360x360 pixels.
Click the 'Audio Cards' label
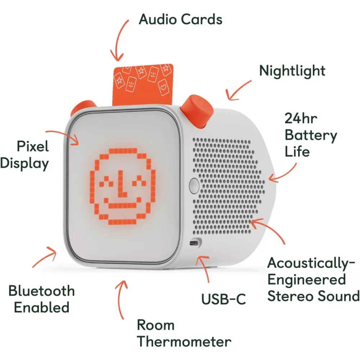[x=180, y=19]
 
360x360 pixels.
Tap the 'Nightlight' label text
[x=292, y=71]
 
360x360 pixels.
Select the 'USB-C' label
[x=224, y=299]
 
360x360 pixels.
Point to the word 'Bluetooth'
[x=41, y=291]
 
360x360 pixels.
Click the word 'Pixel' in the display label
[x=33, y=146]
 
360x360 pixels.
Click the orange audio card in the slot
[x=143, y=85]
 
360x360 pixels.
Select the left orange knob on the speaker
[x=83, y=107]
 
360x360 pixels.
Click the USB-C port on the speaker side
[x=195, y=243]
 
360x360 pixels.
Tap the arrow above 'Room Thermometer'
[x=120, y=298]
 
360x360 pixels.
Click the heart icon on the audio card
[x=163, y=87]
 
